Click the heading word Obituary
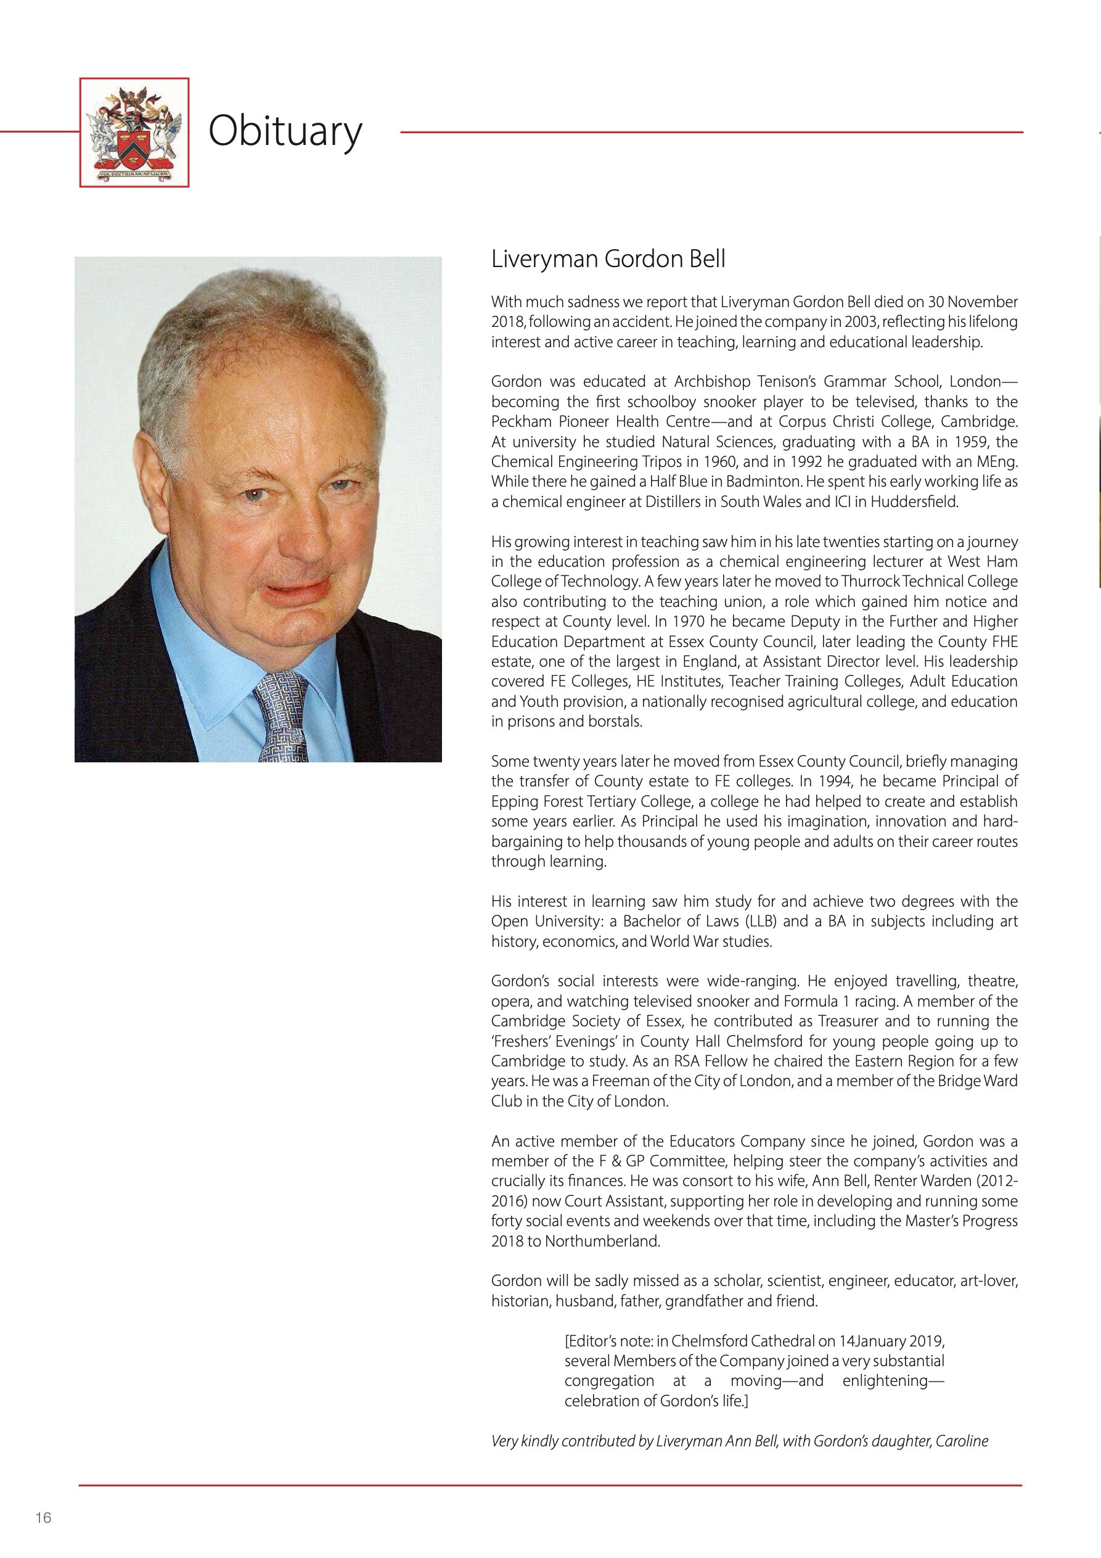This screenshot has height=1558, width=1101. pos(285,131)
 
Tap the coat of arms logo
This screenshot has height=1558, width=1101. pos(134,133)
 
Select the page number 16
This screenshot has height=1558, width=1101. pos(43,1518)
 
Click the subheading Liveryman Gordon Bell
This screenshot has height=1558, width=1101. pos(608,259)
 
